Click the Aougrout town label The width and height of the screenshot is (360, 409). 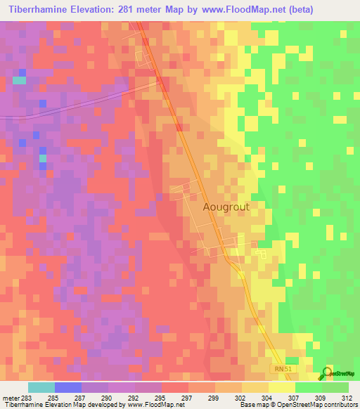(x=226, y=207)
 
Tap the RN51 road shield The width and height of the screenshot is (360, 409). (x=282, y=369)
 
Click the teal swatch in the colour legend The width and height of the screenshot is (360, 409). (x=41, y=387)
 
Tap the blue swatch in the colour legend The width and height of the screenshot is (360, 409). (x=68, y=387)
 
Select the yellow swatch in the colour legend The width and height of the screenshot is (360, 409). (x=282, y=387)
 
